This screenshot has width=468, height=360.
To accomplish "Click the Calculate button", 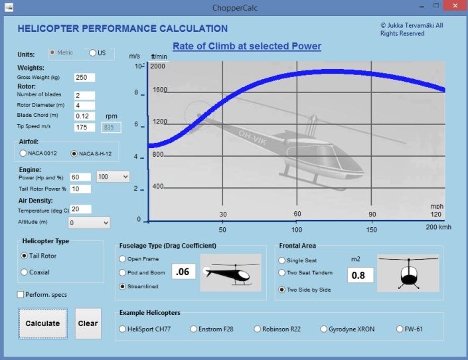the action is (x=42, y=323).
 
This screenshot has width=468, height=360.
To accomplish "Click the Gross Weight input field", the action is (x=84, y=77).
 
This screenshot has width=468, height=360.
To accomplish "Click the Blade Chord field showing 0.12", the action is (x=84, y=116).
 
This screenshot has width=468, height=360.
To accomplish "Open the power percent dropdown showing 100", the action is (x=113, y=177).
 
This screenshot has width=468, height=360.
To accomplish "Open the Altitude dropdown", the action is (x=89, y=223).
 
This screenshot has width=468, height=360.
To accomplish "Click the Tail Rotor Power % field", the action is (x=80, y=189).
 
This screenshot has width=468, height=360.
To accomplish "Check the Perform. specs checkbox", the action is (x=21, y=294).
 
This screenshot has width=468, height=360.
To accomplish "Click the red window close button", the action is (x=455, y=6).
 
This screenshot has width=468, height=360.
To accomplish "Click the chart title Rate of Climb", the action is (x=247, y=46).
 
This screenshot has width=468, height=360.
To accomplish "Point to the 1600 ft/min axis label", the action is (x=160, y=90).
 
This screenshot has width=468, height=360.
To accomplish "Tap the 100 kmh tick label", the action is (x=297, y=229).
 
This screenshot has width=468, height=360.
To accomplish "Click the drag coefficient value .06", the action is (x=183, y=272).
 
